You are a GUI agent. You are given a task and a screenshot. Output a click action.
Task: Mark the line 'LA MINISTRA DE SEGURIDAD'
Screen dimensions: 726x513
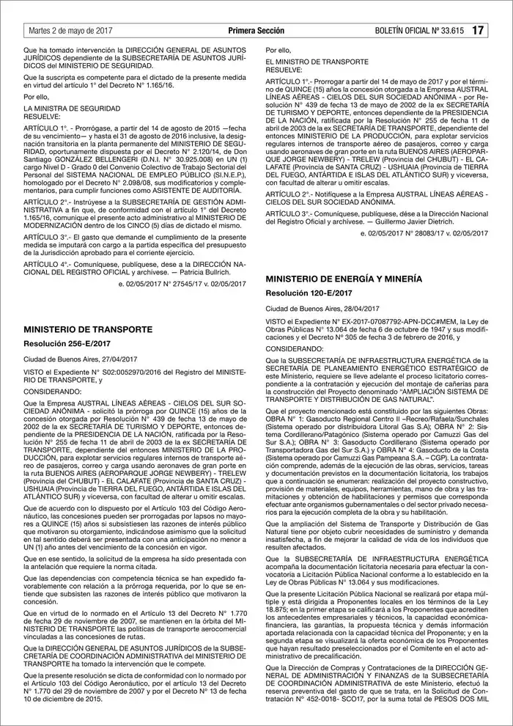click(x=69, y=108)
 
